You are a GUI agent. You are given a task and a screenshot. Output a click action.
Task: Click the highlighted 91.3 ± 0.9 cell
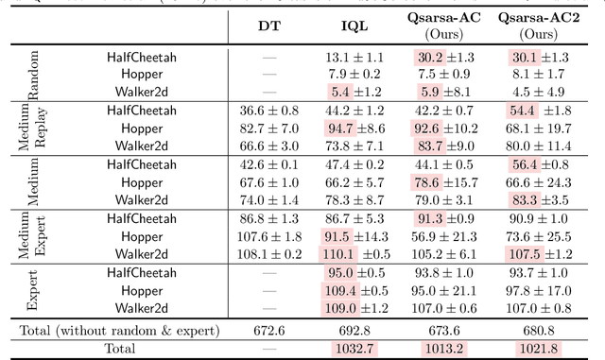pos(447,217)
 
